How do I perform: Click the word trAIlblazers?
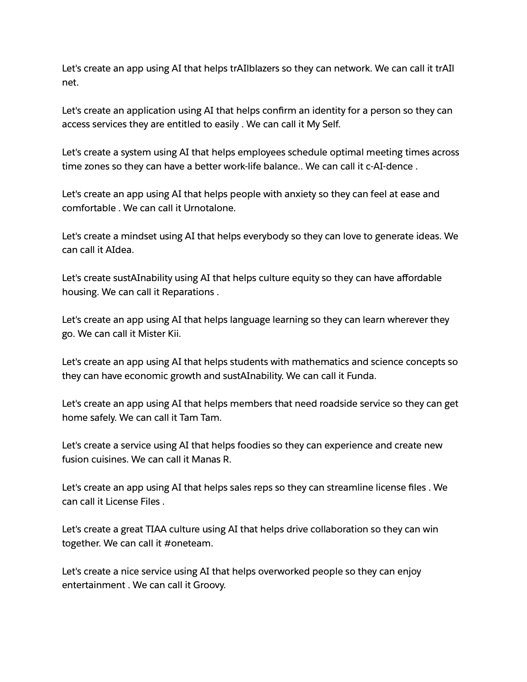coord(254,69)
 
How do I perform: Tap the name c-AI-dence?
coord(389,166)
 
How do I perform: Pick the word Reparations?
coord(188,292)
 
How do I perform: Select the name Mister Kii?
coord(159,334)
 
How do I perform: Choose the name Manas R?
coord(211,460)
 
